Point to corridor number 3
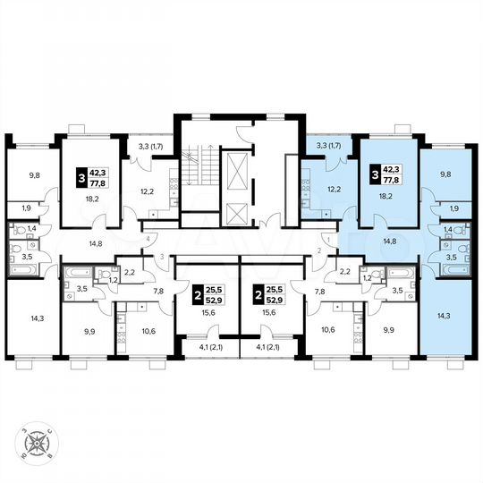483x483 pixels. tap(162, 256)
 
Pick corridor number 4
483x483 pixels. tap(148, 240)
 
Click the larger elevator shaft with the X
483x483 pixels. tap(237, 167)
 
